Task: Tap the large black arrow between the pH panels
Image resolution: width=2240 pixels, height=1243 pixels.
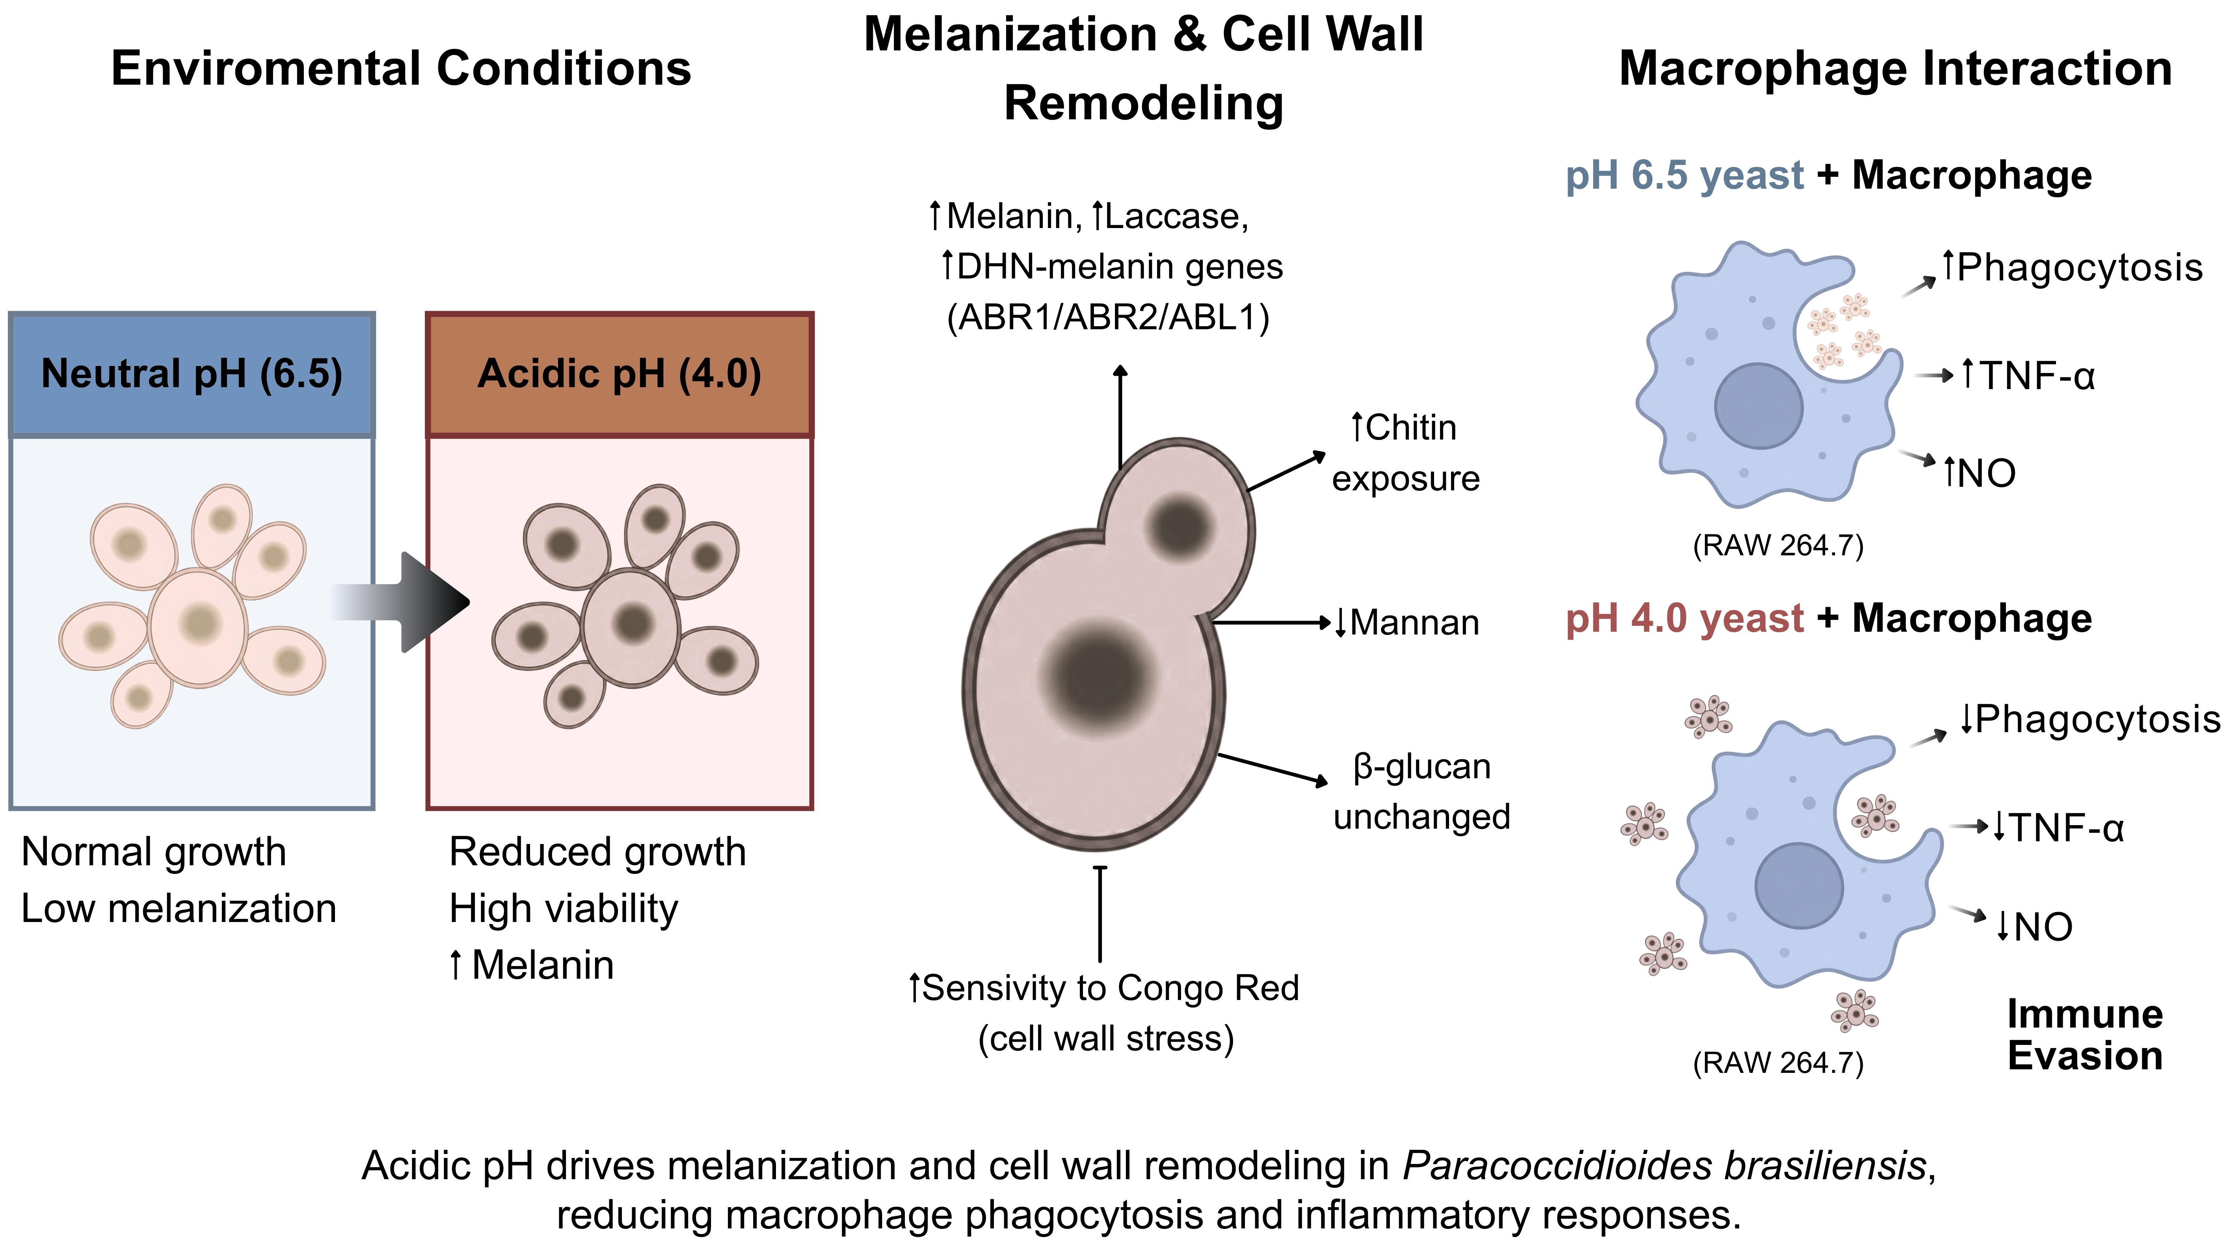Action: pos(409,601)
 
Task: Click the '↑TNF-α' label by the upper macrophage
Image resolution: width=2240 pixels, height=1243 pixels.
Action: pos(2028,377)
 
